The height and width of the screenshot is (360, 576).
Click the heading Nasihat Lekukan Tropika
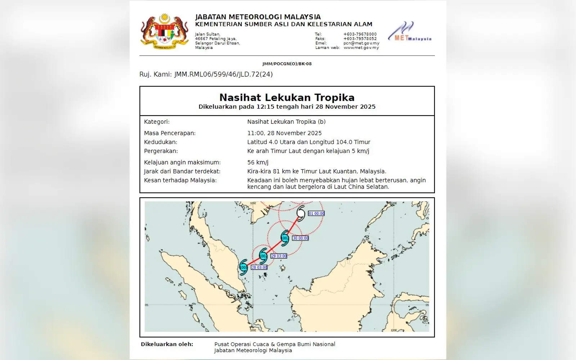pos(287,98)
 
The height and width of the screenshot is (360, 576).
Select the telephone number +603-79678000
pos(360,34)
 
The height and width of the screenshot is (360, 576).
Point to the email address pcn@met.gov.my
pos(361,43)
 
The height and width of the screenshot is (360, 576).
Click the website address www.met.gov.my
pos(361,48)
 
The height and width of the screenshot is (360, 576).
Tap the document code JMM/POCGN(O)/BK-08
pos(287,64)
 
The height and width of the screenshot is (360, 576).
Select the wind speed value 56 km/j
pos(258,162)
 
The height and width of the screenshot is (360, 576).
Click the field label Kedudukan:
pos(161,142)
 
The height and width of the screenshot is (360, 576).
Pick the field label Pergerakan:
pos(161,151)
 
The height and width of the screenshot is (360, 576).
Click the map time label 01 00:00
pos(316,213)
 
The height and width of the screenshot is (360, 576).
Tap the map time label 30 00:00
pos(301,238)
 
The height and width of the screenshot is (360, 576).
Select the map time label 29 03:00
pos(279,256)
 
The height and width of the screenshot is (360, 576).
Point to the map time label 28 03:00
pos(259,267)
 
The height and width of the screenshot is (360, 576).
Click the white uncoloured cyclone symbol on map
pos(301,213)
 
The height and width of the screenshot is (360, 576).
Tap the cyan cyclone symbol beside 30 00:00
pos(285,238)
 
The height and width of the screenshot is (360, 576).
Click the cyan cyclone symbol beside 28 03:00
pos(244,267)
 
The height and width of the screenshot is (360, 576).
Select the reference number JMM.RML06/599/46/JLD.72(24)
pos(223,75)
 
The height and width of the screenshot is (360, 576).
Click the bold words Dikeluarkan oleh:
pos(167,344)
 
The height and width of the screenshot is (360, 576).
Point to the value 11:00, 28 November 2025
pos(284,133)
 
